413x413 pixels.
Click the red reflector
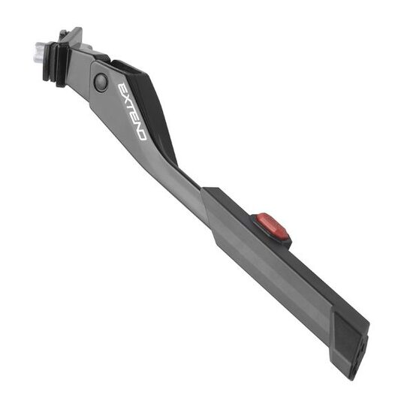(x=271, y=226)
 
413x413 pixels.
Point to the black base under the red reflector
(x=282, y=239)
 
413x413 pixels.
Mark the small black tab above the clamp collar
(x=64, y=34)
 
